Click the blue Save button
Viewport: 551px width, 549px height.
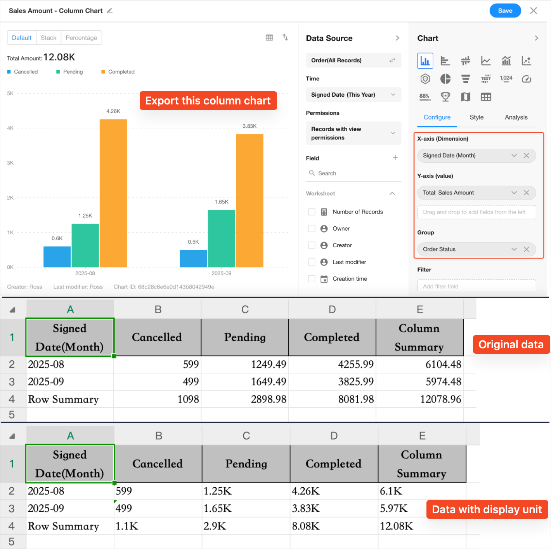point(505,11)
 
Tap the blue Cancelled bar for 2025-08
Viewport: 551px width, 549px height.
point(57,257)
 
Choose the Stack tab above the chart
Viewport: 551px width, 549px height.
point(49,38)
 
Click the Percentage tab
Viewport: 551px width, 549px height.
point(81,38)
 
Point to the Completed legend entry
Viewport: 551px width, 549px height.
point(121,72)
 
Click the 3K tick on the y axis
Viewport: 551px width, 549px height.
point(10,163)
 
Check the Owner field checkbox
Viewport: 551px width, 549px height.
point(312,228)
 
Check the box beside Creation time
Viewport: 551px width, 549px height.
point(312,279)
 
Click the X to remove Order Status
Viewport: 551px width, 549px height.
point(526,249)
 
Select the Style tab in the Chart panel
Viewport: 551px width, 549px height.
point(476,117)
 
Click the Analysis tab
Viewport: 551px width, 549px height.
point(516,117)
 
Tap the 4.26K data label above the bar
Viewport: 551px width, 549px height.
point(113,111)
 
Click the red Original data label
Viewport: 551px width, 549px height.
point(511,344)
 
